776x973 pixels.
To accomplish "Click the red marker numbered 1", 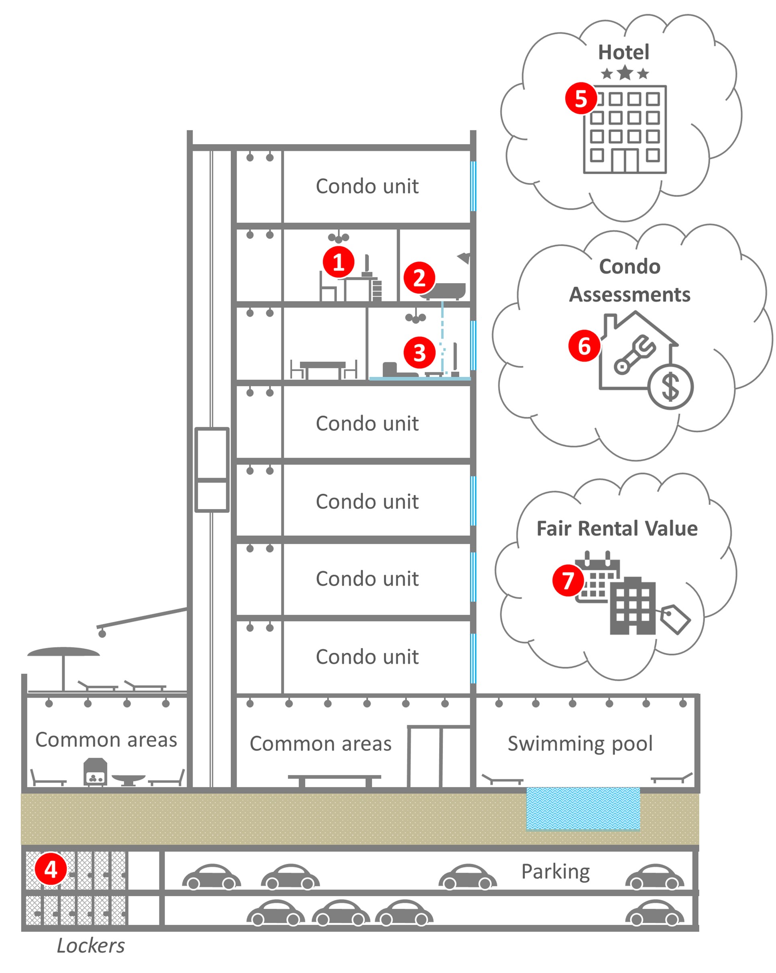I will [x=338, y=262].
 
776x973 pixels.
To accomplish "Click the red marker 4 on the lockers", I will [x=51, y=869].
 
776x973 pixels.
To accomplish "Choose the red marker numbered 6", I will [x=584, y=347].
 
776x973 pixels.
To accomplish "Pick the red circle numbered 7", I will [x=568, y=581].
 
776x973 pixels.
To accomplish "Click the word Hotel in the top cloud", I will [x=623, y=52].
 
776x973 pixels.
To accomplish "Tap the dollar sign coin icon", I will [x=670, y=387].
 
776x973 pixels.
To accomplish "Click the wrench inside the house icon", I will [x=634, y=354].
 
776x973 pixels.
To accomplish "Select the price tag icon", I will [x=675, y=619].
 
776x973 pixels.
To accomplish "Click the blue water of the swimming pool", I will [x=583, y=809].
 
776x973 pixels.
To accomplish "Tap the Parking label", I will [x=555, y=871].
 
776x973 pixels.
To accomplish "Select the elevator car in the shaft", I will [x=212, y=469].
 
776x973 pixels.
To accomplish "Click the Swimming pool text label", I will [x=580, y=744].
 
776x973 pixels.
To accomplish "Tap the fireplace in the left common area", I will [x=95, y=772].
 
